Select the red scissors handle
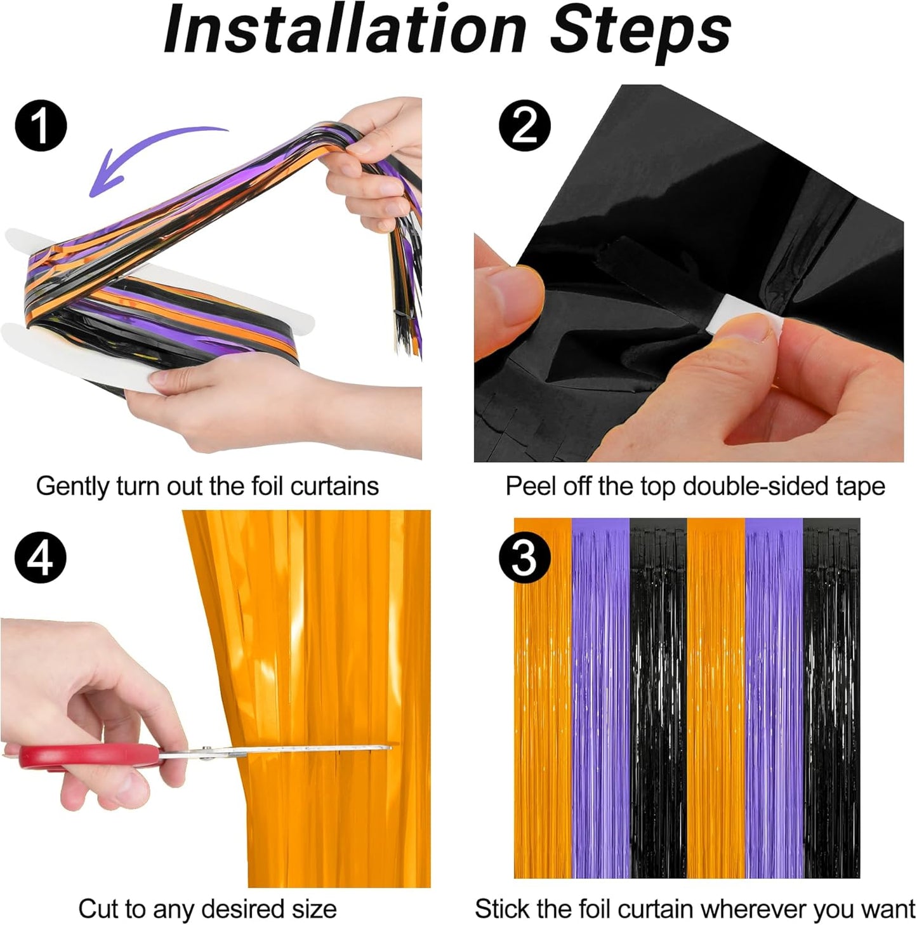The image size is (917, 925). (89, 755)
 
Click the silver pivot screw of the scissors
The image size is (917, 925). (206, 753)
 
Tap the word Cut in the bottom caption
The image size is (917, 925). (98, 908)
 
